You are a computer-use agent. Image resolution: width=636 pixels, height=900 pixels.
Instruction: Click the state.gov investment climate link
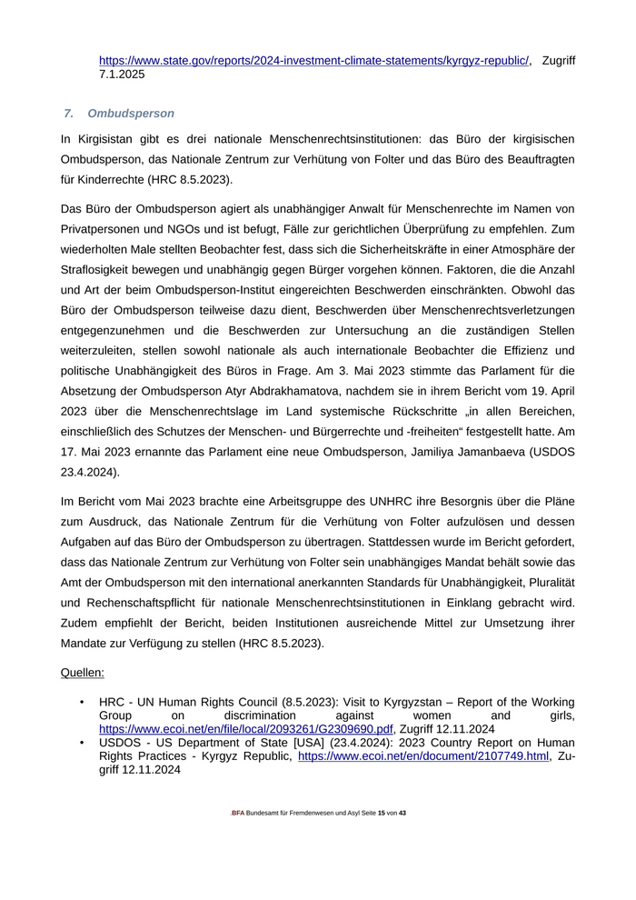point(314,60)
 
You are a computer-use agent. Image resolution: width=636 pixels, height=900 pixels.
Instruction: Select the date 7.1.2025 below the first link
point(122,75)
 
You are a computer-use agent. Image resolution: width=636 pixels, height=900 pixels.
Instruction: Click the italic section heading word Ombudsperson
point(131,114)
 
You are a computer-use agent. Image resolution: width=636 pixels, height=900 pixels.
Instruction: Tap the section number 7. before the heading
point(69,114)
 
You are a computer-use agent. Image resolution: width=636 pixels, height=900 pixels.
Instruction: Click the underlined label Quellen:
point(82,673)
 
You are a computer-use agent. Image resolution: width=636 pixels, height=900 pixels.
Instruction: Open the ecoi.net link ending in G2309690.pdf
point(246,729)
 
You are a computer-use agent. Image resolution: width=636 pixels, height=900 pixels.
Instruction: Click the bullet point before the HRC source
point(82,703)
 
